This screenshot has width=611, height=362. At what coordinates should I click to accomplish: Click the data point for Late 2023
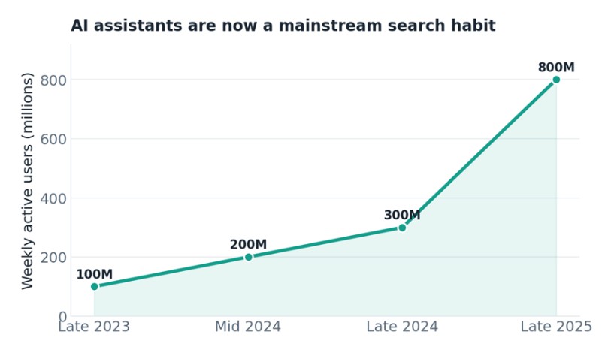(94, 286)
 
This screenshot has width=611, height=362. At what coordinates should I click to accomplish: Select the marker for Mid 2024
(249, 257)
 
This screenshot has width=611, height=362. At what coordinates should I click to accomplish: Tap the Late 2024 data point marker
(402, 228)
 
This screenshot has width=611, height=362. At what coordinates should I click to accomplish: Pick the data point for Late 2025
(556, 80)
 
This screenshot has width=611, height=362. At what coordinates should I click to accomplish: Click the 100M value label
(94, 274)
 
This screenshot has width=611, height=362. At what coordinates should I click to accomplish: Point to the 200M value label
(248, 245)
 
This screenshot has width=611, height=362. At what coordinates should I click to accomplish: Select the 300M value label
(402, 216)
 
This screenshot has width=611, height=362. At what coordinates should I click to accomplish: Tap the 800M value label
(556, 68)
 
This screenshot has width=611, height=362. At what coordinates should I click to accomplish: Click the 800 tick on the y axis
(53, 80)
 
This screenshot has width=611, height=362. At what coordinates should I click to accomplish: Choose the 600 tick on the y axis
(53, 140)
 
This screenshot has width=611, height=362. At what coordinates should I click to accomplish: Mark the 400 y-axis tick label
(53, 198)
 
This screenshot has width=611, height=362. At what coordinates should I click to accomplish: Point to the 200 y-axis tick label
(53, 258)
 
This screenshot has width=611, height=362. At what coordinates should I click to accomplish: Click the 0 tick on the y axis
(62, 317)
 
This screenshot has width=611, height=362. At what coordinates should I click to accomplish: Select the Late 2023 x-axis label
(94, 327)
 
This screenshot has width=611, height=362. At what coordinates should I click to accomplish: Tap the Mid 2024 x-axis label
(248, 327)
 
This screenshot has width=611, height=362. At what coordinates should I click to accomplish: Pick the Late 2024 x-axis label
(402, 327)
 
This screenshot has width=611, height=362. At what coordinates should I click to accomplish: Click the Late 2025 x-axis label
(556, 327)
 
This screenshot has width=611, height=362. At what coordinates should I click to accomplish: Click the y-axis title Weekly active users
(28, 181)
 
